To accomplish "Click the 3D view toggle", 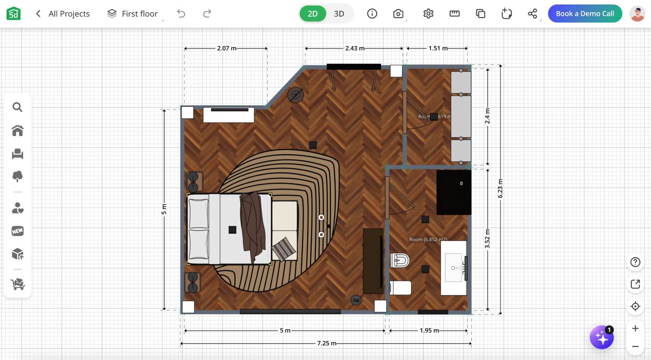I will tap(339, 14).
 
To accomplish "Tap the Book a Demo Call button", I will tap(585, 13).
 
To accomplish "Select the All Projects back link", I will tap(63, 14).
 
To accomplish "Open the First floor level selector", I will tap(133, 14).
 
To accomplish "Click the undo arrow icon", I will tap(181, 14).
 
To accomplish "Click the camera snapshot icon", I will tap(398, 14).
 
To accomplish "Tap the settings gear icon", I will tap(428, 14).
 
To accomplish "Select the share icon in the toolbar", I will tap(532, 14).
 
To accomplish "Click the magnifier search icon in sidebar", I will tap(17, 107).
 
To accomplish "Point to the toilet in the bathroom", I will tap(400, 260).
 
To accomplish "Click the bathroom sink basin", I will tap(453, 268).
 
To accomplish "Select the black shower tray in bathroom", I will tap(454, 192).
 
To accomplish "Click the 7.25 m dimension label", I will tap(327, 343).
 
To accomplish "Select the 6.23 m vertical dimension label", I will tap(500, 188).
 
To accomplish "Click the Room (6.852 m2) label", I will tap(428, 240).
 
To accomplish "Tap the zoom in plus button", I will tap(635, 328).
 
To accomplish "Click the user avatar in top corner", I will tap(637, 14).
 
